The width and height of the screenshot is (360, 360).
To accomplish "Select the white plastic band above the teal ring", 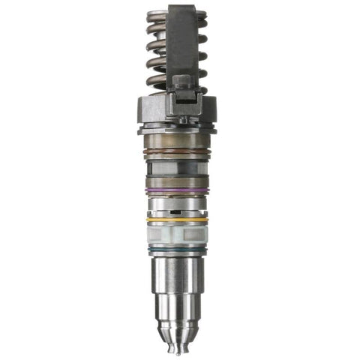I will (x=177, y=235).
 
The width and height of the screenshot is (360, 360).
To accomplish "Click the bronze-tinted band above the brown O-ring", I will (x=178, y=141).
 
